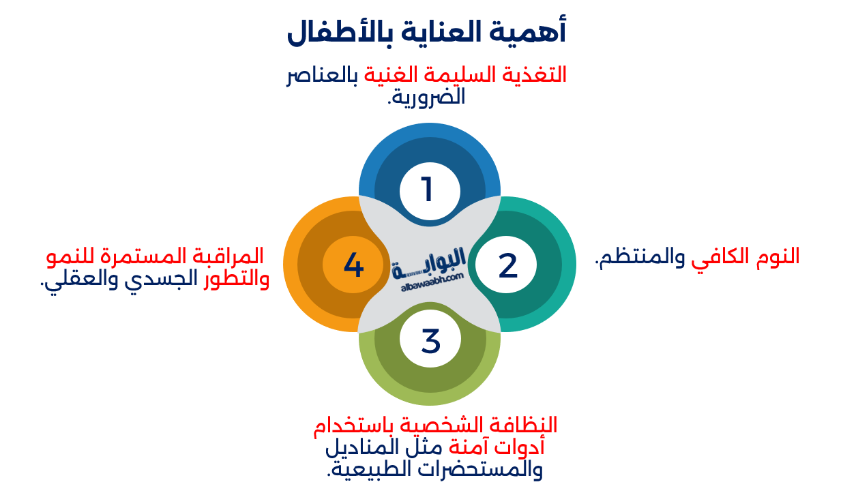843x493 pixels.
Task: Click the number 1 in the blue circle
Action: pos(428,190)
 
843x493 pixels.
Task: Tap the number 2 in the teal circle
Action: pos(507,265)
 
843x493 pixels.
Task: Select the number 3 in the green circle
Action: pos(430,341)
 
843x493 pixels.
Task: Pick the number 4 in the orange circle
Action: pos(353,265)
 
